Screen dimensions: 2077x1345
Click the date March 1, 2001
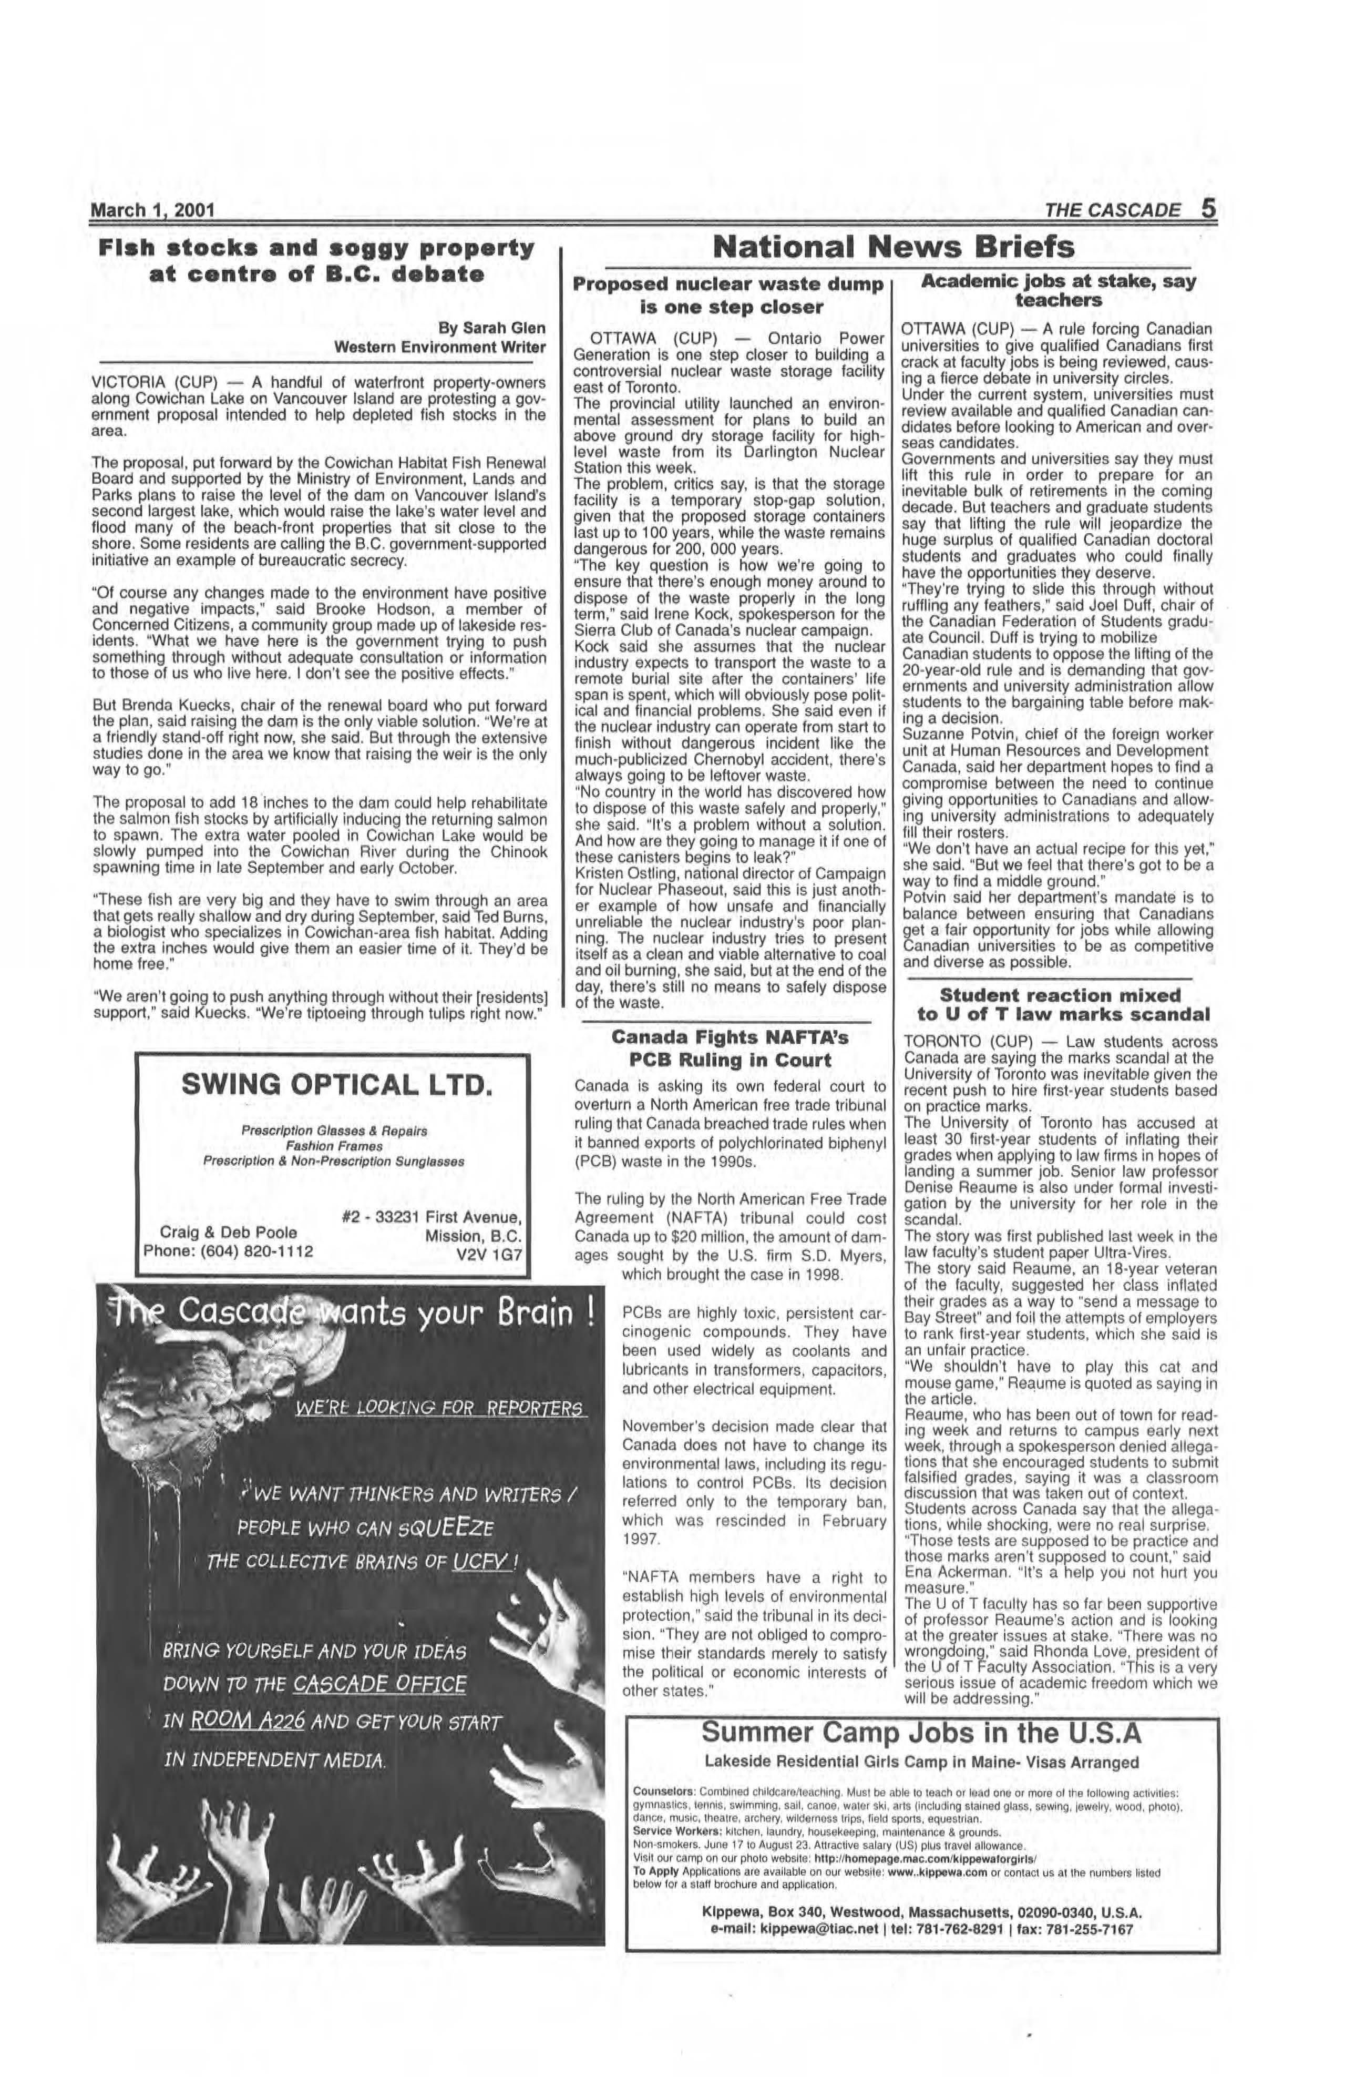point(152,210)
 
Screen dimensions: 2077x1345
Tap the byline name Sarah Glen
point(504,328)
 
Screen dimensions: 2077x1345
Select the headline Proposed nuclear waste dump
point(729,283)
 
